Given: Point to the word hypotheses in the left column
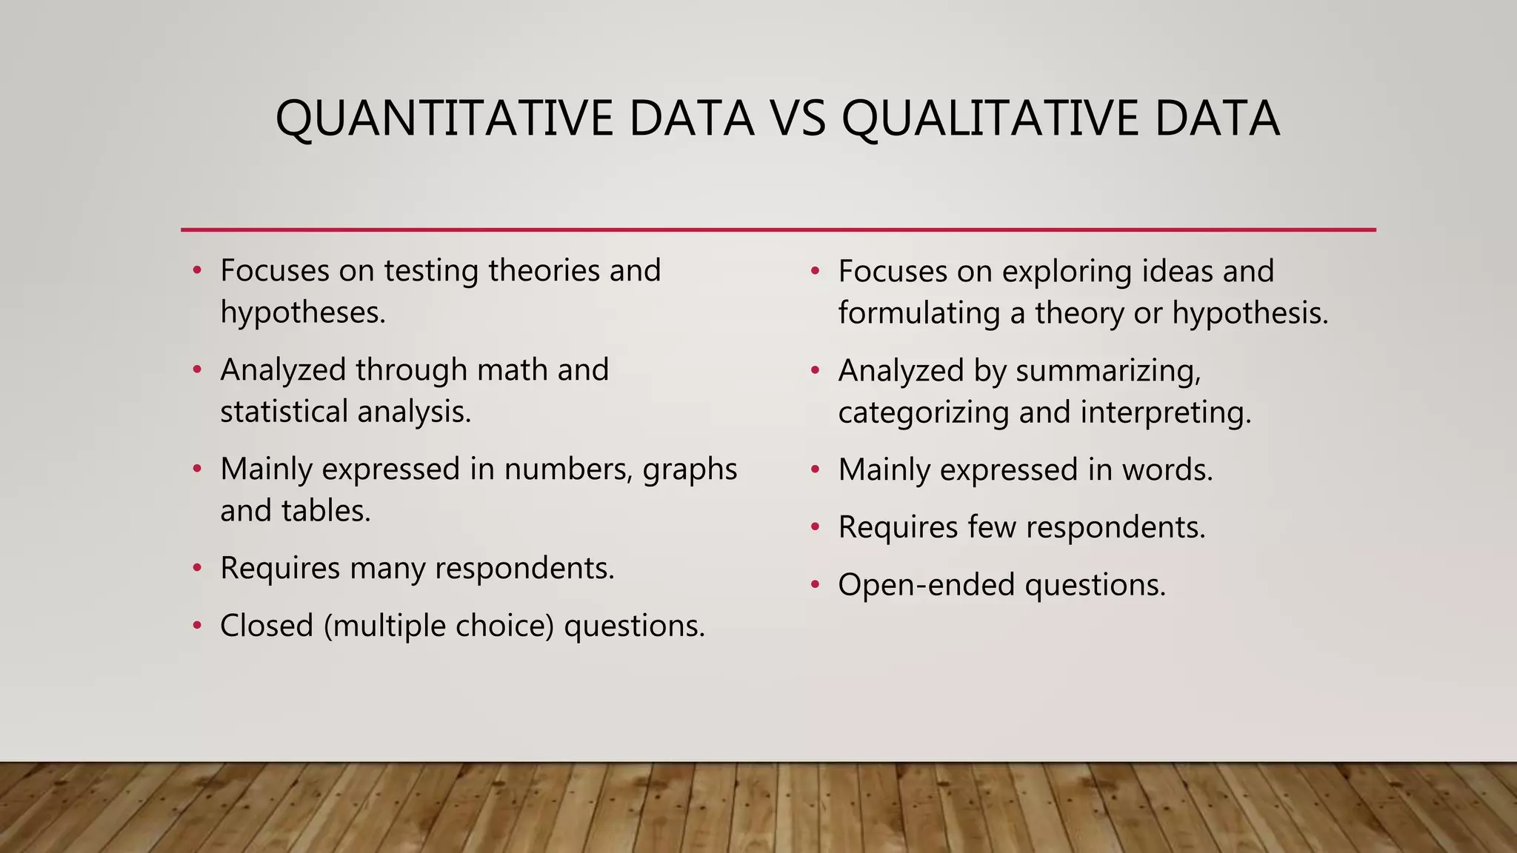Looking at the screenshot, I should [x=302, y=312].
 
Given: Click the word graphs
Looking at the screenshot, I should [x=690, y=469].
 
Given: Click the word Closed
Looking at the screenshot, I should [x=267, y=626].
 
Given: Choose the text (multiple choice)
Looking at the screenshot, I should [x=439, y=626].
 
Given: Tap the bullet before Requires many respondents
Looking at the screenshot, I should [x=197, y=569].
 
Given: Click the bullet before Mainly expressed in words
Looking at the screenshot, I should [x=815, y=470].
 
